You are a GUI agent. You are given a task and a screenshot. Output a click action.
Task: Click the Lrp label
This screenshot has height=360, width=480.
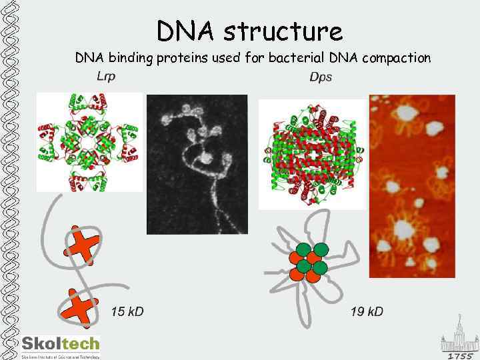coord(107,76)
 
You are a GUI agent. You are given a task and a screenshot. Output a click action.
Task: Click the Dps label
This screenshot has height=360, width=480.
coord(321,77)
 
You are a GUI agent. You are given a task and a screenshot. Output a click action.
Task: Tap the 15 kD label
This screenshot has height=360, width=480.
coord(127,311)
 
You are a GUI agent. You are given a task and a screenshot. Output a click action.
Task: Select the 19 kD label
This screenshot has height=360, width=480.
coord(367,311)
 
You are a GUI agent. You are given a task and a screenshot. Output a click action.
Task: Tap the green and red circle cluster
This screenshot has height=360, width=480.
coord(308,261)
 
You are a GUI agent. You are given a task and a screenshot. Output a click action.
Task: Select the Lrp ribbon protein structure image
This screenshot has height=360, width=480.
coord(89,141)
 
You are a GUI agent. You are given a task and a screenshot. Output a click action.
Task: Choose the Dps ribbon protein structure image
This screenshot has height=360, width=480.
coord(312,154)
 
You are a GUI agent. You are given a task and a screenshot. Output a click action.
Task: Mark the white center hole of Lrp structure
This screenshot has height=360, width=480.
coord(89,141)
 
